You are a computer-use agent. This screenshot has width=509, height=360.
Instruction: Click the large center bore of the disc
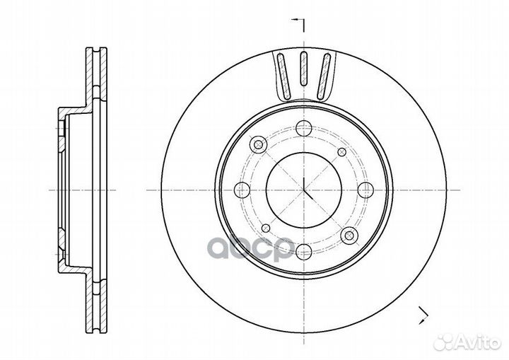click(x=303, y=190)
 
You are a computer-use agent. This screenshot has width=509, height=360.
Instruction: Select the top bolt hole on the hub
click(x=304, y=128)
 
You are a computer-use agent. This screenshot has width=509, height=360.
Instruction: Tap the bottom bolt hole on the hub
click(x=304, y=252)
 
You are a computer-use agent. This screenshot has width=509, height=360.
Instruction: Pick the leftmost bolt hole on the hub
click(x=242, y=190)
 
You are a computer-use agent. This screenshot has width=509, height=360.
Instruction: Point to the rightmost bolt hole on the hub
click(x=365, y=190)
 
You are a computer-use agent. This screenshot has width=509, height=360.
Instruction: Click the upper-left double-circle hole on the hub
click(x=259, y=144)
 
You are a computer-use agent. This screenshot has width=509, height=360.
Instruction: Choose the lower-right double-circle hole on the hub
click(x=349, y=236)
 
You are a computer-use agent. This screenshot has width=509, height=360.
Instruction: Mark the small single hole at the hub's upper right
click(x=342, y=152)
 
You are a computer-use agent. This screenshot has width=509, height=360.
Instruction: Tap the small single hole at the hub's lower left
click(x=266, y=228)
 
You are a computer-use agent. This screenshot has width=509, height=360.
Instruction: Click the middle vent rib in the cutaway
click(x=303, y=68)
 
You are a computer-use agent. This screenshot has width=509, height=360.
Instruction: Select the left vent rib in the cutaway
click(x=283, y=76)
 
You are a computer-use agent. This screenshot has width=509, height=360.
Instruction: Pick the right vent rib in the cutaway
click(x=324, y=76)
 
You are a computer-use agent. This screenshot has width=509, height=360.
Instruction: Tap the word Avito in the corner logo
click(x=478, y=342)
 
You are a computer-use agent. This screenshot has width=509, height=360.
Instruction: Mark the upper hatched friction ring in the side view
click(x=96, y=77)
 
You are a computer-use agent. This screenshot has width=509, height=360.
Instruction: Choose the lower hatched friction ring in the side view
click(x=96, y=303)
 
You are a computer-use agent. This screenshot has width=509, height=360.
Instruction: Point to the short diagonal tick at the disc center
click(x=308, y=194)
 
